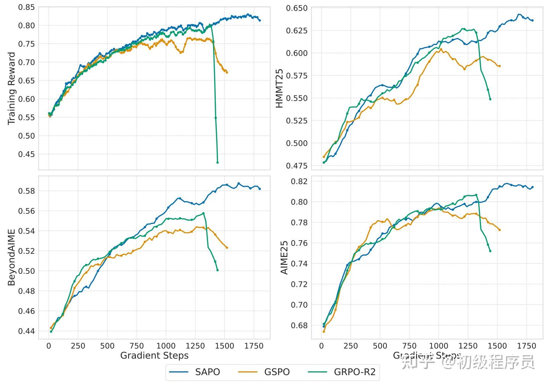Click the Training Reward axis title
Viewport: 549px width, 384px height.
(11, 88)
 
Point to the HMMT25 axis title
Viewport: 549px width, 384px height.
(279, 88)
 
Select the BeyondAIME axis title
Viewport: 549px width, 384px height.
(11, 257)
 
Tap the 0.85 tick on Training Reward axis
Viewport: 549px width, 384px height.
(26, 7)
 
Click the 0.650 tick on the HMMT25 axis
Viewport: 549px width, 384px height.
(297, 8)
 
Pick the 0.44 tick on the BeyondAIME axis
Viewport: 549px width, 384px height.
(26, 331)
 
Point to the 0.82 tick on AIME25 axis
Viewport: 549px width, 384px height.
(299, 181)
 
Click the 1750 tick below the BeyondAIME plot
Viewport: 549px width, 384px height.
(254, 346)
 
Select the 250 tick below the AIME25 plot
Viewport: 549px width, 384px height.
(351, 346)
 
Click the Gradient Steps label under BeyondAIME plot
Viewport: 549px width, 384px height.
(154, 356)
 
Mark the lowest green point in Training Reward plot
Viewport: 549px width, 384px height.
(218, 162)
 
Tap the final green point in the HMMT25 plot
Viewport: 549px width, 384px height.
(490, 99)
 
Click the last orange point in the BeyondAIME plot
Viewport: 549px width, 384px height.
(227, 247)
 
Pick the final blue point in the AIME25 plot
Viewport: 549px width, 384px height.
(533, 187)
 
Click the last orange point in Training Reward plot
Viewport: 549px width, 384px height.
(227, 72)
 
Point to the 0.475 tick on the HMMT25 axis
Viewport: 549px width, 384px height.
(297, 165)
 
